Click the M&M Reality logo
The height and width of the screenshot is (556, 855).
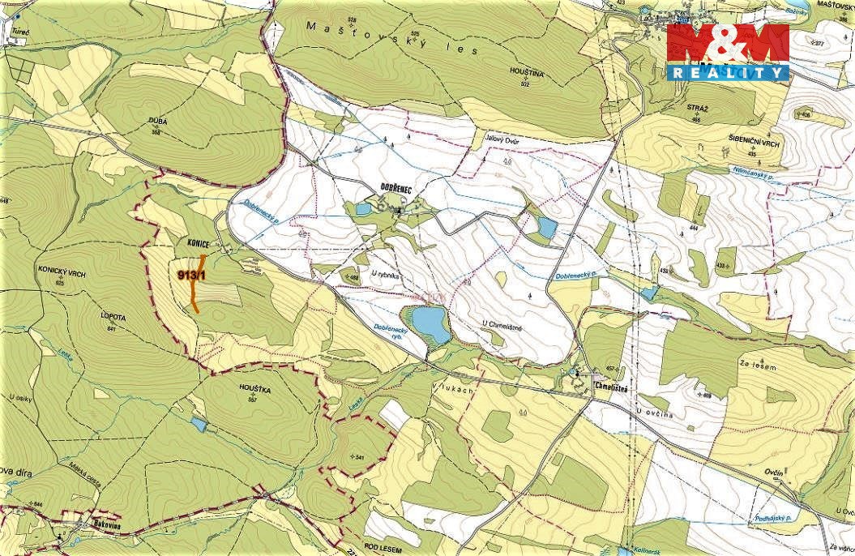click(x=728, y=52)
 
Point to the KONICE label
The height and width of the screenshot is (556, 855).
click(x=198, y=243)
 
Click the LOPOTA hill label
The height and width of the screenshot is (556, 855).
click(x=111, y=319)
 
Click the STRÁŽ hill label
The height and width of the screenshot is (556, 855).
click(x=696, y=108)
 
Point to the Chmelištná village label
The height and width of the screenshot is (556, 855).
click(x=613, y=387)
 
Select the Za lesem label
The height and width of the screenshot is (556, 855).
click(x=759, y=368)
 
